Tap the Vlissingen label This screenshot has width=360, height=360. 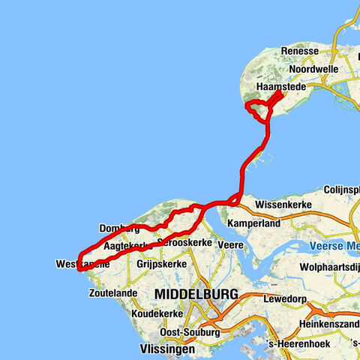tap(167, 349)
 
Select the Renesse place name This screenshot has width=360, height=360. tap(299, 51)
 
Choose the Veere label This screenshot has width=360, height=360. tap(229, 244)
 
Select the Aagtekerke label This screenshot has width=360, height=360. tap(124, 246)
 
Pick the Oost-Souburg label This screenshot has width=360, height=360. tap(184, 331)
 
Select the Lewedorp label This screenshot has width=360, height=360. tap(284, 298)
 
